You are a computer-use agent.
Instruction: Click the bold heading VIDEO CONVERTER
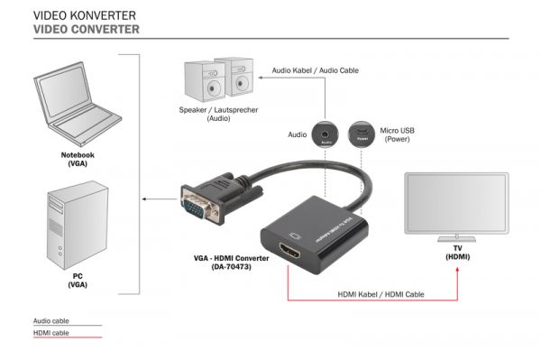[86, 30]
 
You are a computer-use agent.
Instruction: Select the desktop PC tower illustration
[76, 222]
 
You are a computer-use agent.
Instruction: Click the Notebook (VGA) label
[78, 160]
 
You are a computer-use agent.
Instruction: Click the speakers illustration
[217, 79]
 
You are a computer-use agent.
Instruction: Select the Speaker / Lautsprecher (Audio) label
[217, 114]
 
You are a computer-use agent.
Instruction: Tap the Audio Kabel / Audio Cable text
[316, 69]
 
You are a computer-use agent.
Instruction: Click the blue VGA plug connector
[199, 205]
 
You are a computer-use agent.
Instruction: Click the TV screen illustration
[458, 204]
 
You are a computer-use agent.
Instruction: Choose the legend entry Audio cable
[51, 320]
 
